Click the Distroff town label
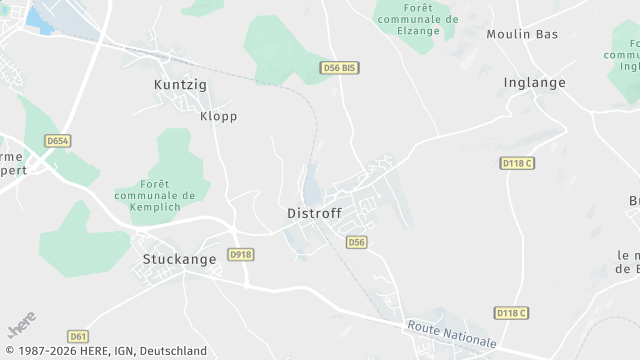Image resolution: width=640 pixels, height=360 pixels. click(x=314, y=213)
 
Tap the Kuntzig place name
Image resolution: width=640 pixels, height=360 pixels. click(x=180, y=85)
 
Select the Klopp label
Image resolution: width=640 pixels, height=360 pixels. click(x=218, y=116)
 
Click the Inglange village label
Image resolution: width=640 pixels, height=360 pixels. click(x=535, y=83)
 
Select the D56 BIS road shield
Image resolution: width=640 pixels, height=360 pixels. click(x=339, y=67)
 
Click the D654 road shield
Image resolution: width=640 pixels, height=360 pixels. click(x=58, y=141)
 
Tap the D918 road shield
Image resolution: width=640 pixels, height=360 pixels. click(x=241, y=255)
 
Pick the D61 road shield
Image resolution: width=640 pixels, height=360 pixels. click(x=79, y=335)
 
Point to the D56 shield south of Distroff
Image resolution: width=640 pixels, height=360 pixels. click(x=357, y=242)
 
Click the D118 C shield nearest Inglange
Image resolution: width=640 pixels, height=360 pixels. click(x=517, y=163)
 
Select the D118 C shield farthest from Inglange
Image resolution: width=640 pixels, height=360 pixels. click(x=511, y=313)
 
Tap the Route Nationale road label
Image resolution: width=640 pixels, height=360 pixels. click(x=451, y=335)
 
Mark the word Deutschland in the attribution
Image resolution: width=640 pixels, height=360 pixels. click(x=172, y=351)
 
